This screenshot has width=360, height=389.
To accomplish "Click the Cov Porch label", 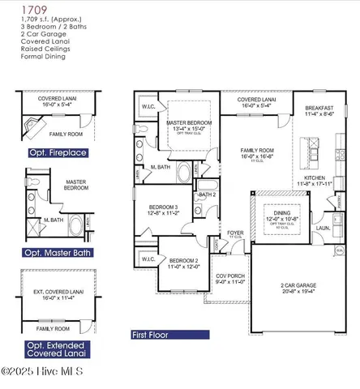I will pyautogui.click(x=229, y=277).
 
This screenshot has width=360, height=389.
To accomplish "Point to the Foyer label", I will pyautogui.click(x=235, y=233).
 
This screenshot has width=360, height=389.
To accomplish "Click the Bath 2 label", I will pyautogui.click(x=207, y=194).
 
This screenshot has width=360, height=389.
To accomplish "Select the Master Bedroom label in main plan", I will pyautogui.click(x=191, y=125).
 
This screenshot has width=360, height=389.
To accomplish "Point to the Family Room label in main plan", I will pyautogui.click(x=257, y=152).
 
